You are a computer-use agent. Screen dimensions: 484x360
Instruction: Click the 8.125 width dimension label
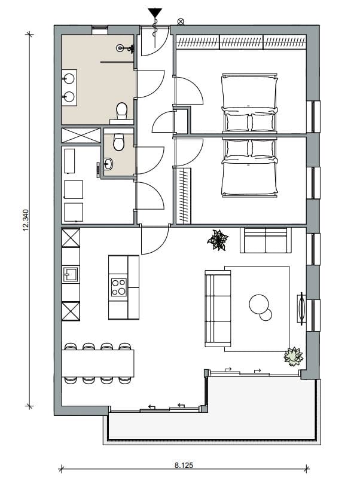click(x=184, y=464)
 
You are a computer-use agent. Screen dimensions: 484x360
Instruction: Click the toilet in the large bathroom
click(x=122, y=111)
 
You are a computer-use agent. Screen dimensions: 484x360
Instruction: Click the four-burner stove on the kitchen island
click(x=118, y=287)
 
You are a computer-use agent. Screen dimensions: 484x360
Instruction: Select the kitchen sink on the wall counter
click(x=71, y=274)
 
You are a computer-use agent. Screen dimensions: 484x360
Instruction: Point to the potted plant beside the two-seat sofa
click(x=218, y=240)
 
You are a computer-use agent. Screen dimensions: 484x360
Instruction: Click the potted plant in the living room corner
click(x=294, y=357)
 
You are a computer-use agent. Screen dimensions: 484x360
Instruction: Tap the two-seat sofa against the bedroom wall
click(x=266, y=240)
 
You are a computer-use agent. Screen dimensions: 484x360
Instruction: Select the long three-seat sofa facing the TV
click(x=218, y=308)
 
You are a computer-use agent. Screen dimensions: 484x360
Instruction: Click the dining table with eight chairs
click(x=97, y=363)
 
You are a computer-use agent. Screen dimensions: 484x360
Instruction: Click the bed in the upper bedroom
click(x=250, y=103)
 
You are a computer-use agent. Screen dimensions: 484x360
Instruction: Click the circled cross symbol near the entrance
click(x=181, y=22)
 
